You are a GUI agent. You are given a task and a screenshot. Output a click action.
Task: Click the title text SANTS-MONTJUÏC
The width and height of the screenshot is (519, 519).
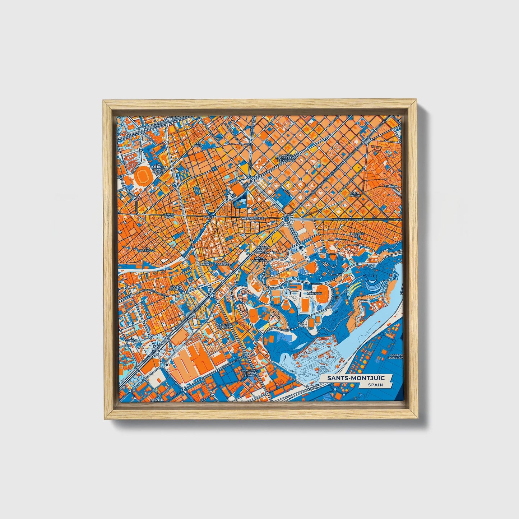355,378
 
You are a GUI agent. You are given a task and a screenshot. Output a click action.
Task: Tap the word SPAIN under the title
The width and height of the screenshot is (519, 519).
375,385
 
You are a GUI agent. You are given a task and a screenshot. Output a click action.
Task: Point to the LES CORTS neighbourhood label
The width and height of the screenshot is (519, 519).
198,144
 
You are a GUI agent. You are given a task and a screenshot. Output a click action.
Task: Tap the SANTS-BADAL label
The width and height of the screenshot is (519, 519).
169,216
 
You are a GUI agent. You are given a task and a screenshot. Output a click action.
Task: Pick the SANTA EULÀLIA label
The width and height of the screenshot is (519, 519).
176,288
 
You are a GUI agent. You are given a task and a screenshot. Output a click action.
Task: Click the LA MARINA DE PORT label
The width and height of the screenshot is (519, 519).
224,326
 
